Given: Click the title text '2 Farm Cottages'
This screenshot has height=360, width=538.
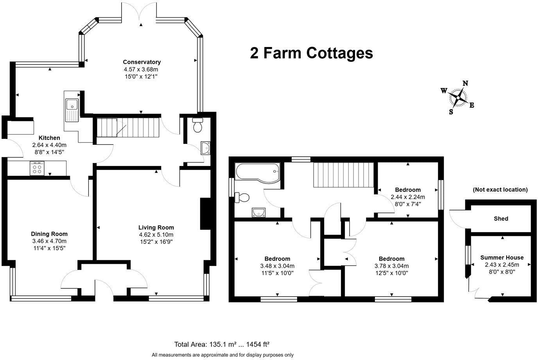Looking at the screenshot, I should [x=311, y=53].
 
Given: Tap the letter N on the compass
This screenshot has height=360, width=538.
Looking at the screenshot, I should [x=465, y=83].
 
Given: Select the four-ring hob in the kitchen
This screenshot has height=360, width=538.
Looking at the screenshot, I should [x=38, y=169].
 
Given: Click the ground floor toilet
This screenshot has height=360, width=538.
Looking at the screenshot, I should [x=198, y=125].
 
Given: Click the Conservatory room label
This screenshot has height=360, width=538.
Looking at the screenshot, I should [x=142, y=62].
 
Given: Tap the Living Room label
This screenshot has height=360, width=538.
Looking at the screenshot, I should [x=156, y=227].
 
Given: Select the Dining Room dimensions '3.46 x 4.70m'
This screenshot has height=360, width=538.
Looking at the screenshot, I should [x=49, y=241].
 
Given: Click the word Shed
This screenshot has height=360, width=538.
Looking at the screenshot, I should [x=500, y=219].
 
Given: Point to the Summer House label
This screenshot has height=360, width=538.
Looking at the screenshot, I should [x=502, y=257].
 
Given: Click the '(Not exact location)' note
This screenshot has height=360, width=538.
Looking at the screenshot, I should [x=500, y=190].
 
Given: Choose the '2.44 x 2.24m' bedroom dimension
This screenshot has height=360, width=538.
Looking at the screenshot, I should [x=408, y=197].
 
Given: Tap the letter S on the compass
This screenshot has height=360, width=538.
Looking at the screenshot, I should [x=451, y=111].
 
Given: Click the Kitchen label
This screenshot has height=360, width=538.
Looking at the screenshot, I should [x=49, y=138].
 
